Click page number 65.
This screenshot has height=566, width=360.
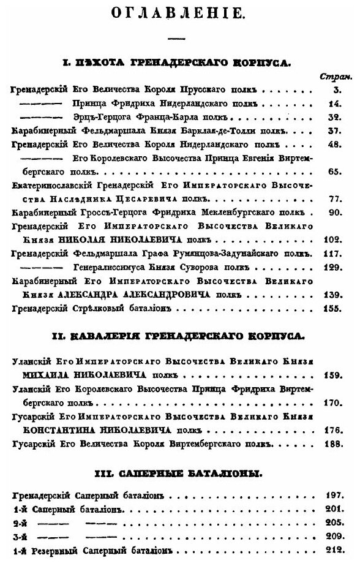(334, 172)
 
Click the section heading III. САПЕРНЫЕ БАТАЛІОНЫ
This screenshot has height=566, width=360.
(179, 474)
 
